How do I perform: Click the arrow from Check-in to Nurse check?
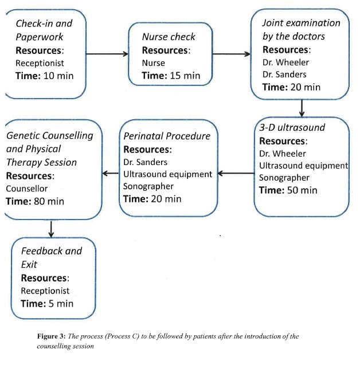click(107, 54)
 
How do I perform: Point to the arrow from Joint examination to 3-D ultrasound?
click(302, 107)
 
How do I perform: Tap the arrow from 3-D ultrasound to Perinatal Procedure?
click(236, 173)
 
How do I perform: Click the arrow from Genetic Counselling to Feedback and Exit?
click(52, 228)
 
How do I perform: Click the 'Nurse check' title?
click(169, 37)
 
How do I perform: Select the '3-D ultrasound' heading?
click(292, 127)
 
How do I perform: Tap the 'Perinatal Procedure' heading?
click(167, 136)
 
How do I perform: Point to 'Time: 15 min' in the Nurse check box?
click(171, 76)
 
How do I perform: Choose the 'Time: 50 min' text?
click(288, 190)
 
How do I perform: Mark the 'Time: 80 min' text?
click(35, 201)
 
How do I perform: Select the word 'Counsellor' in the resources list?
click(27, 188)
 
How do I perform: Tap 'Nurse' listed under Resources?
click(154, 63)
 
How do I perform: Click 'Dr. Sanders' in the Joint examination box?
click(284, 75)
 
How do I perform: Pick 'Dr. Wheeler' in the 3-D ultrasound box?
click(283, 153)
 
